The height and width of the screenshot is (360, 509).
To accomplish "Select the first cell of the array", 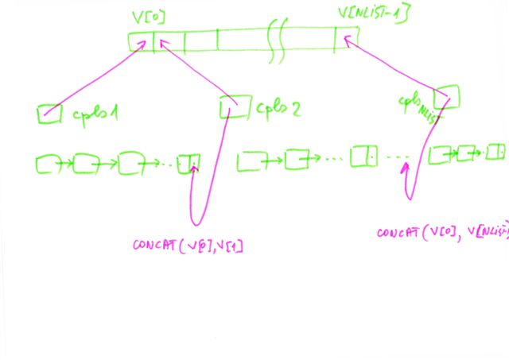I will (x=141, y=41).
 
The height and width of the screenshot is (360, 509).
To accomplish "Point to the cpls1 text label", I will (x=95, y=114).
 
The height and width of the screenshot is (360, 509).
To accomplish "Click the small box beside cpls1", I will (x=49, y=114).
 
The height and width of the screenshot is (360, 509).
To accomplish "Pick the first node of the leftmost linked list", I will (x=49, y=165).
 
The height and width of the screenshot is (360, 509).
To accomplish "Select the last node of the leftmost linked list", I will (x=189, y=164).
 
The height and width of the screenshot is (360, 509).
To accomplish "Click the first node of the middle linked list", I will (x=251, y=161).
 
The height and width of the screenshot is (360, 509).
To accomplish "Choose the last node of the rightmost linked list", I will (x=497, y=150).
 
